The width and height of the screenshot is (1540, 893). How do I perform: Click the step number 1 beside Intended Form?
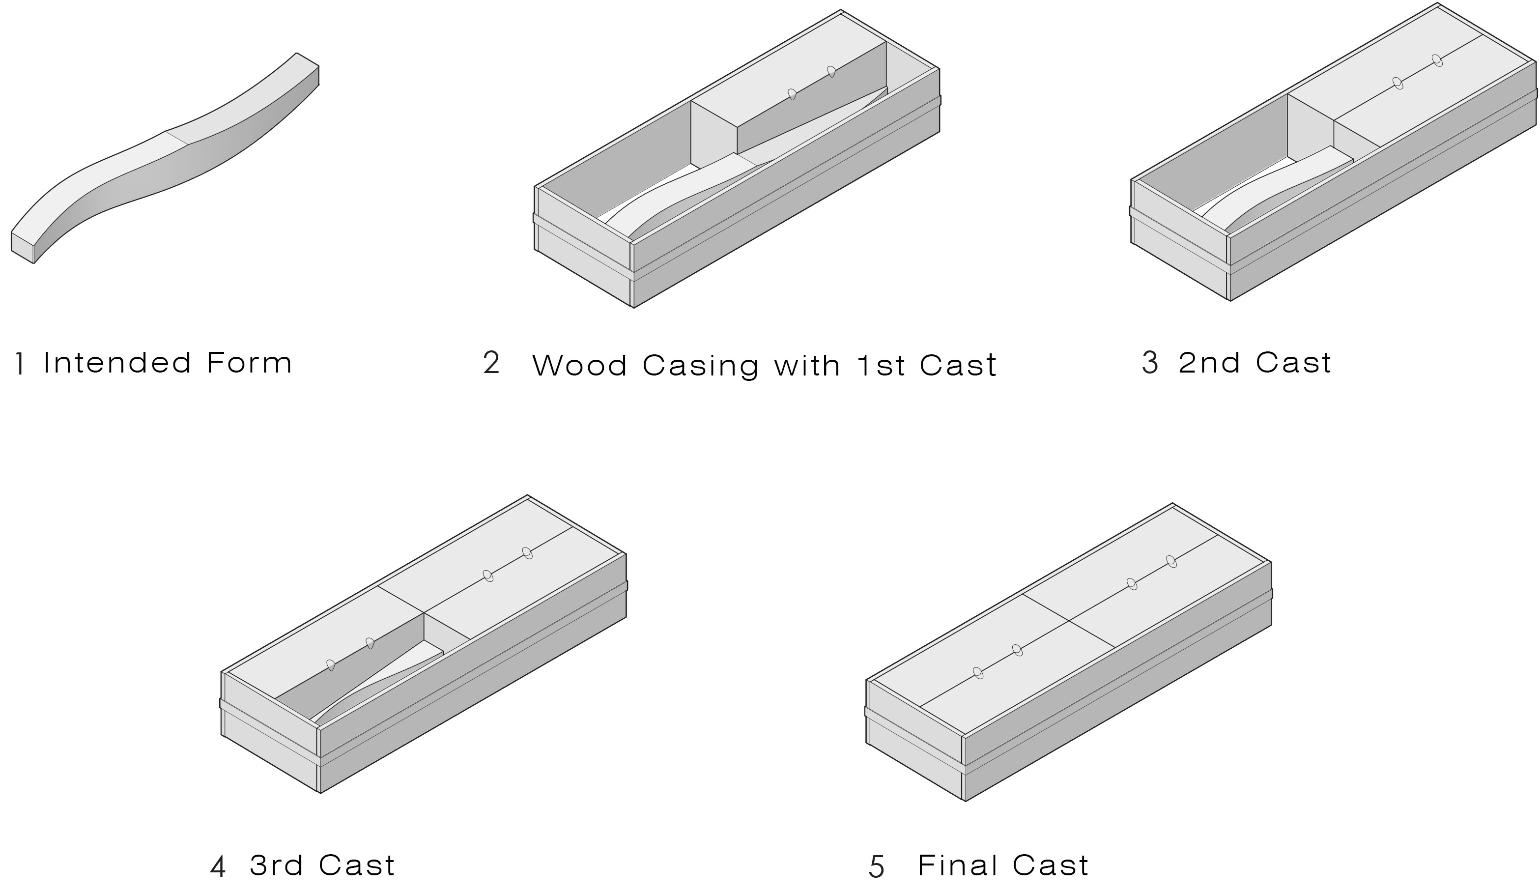point(21,364)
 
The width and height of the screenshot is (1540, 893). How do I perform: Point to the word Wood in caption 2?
point(580,366)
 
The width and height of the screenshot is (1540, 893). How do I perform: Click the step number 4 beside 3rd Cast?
point(218,867)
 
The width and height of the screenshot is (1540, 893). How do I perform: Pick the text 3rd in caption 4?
point(276,865)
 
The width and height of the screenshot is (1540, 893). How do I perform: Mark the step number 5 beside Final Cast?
point(876,867)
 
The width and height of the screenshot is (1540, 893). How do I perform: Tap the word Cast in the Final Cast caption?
point(1051,865)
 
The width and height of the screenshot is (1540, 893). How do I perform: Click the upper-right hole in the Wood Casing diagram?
point(831,72)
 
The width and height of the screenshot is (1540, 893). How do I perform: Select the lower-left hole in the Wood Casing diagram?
point(792,94)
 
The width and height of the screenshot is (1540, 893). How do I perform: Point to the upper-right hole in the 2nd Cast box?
point(1437,60)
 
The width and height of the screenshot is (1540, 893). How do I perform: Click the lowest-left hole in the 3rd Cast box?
point(331,665)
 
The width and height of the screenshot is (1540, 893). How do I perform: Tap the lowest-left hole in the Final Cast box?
point(978,672)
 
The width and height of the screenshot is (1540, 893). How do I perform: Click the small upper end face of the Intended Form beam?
point(308,59)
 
